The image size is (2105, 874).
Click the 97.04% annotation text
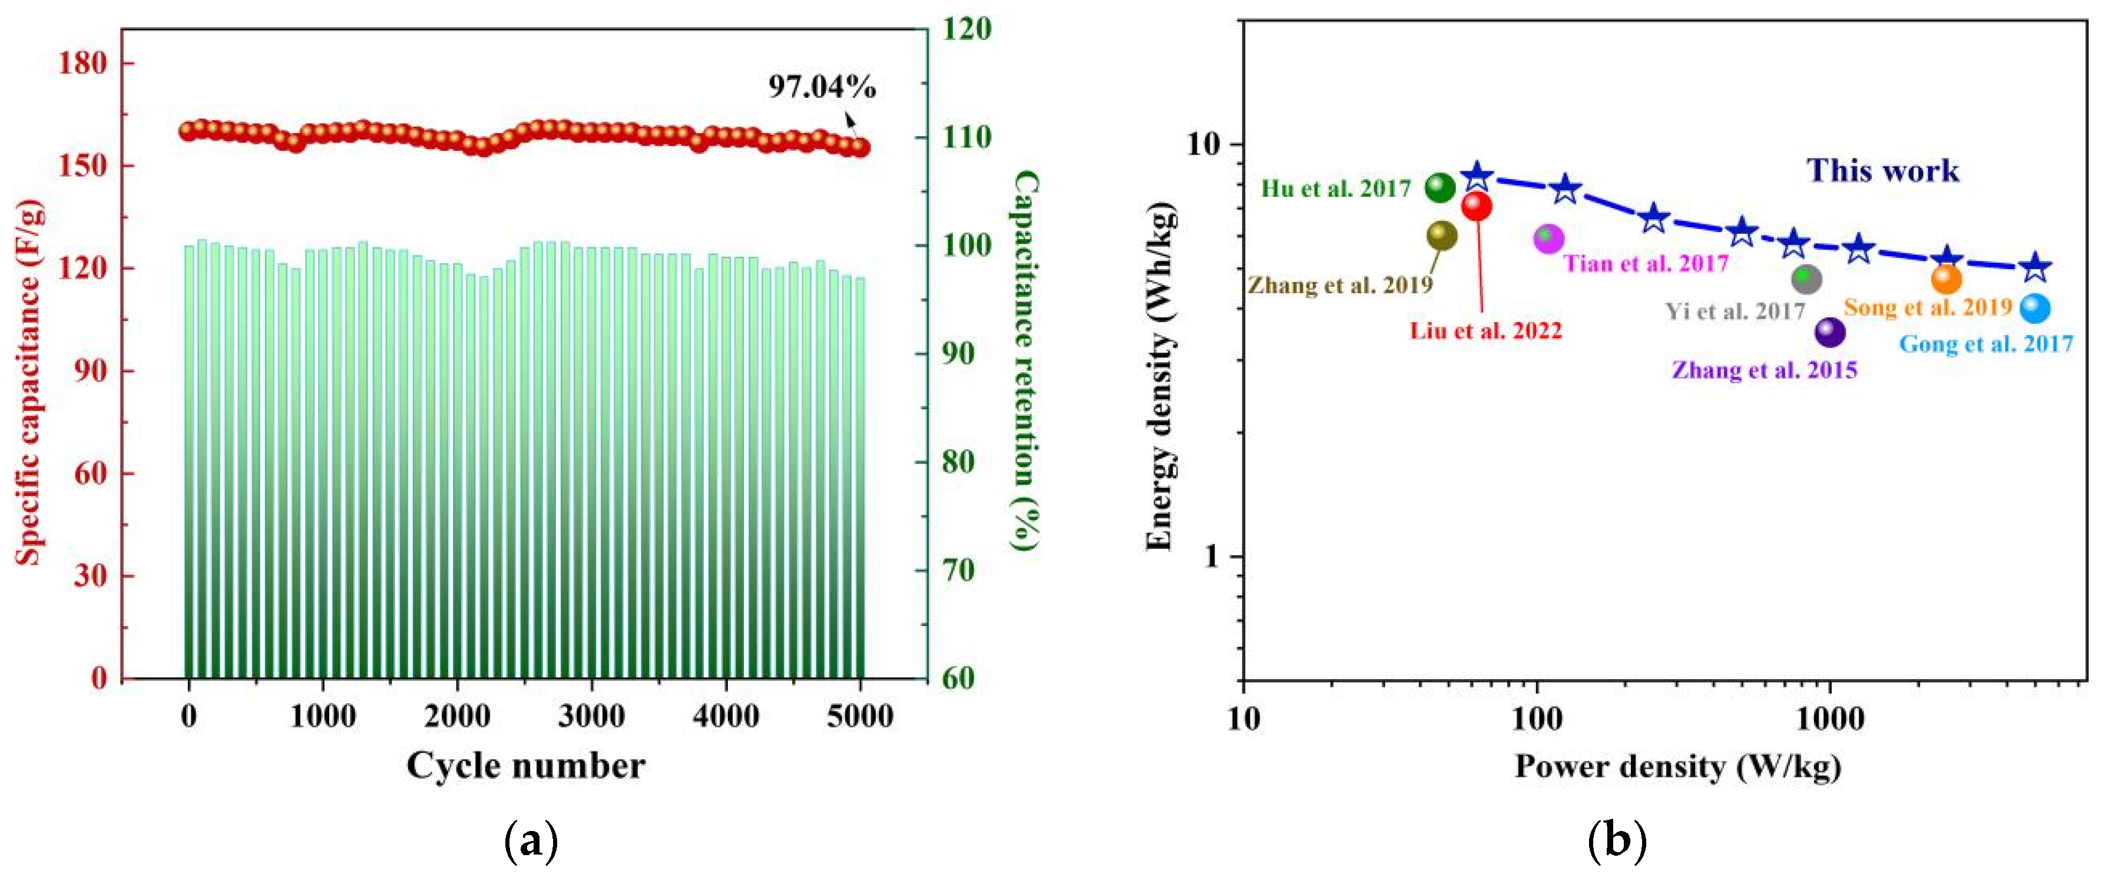click(x=821, y=87)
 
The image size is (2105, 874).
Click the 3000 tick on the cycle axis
click(x=591, y=716)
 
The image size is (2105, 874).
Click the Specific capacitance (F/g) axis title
click(x=29, y=382)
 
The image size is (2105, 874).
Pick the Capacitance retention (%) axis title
click(x=1027, y=359)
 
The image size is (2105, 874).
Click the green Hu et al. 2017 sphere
click(x=1440, y=188)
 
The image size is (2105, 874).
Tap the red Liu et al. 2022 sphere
click(x=1477, y=206)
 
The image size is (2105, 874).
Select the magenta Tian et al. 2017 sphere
click(x=1548, y=239)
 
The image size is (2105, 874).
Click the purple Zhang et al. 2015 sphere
click(x=1829, y=332)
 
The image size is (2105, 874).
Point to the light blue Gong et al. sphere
click(x=2035, y=308)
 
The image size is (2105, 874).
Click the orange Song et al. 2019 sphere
click(x=1947, y=279)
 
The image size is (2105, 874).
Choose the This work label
click(x=1882, y=171)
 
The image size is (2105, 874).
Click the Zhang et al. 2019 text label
click(x=1339, y=285)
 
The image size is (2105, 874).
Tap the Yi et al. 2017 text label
click(x=1735, y=311)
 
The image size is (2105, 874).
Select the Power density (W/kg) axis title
click(x=1677, y=766)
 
